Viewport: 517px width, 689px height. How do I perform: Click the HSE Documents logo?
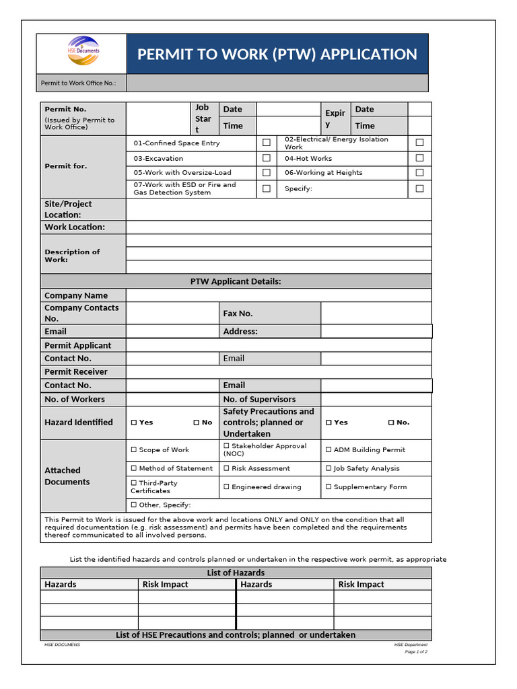pos(83,50)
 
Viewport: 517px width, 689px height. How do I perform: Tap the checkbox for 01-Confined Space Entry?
pos(267,143)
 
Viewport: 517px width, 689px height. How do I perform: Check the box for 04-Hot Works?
pos(419,158)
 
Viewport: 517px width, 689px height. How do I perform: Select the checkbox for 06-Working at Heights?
pos(419,173)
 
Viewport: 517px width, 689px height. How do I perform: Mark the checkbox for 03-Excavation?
pos(267,158)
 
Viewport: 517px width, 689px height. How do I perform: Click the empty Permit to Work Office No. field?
pos(277,83)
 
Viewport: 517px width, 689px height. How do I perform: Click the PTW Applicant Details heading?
pos(236,281)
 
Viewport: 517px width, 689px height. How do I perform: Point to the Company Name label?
pos(76,295)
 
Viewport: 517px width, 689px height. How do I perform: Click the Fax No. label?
pos(238,314)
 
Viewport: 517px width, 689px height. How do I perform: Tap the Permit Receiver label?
pos(76,371)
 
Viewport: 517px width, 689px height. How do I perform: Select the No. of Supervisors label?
pos(259,399)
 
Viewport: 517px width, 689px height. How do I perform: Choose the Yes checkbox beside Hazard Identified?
pos(134,423)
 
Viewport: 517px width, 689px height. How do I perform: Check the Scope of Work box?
pos(134,449)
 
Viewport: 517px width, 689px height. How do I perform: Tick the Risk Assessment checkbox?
pos(227,468)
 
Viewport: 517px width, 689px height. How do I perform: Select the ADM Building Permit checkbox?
pos(329,449)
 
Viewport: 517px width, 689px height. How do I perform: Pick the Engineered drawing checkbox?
pos(227,486)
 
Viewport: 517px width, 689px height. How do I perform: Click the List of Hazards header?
pos(236,573)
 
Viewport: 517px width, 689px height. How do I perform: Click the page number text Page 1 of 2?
pos(415,652)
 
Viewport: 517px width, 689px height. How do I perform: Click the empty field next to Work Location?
pos(278,227)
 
